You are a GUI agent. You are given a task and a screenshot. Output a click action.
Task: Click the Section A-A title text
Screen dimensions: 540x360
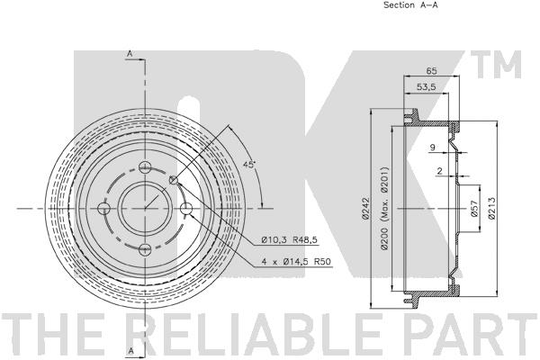410,4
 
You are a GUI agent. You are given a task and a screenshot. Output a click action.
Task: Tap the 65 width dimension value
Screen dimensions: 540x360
431,70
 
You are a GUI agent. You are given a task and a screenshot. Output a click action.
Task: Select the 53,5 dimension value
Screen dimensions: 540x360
427,86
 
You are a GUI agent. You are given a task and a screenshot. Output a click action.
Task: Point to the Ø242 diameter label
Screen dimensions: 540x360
365,208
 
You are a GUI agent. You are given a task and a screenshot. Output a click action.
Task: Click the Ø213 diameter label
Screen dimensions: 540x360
491,208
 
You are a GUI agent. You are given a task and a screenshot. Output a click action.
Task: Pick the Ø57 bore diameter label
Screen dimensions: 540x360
474,209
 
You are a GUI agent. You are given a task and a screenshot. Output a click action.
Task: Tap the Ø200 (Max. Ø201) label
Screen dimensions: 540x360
384,208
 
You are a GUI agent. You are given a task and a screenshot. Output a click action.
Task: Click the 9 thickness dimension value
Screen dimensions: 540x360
433,148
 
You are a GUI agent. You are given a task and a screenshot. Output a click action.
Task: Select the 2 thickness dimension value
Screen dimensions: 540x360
439,171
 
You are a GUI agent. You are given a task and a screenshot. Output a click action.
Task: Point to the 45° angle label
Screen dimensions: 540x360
249,165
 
